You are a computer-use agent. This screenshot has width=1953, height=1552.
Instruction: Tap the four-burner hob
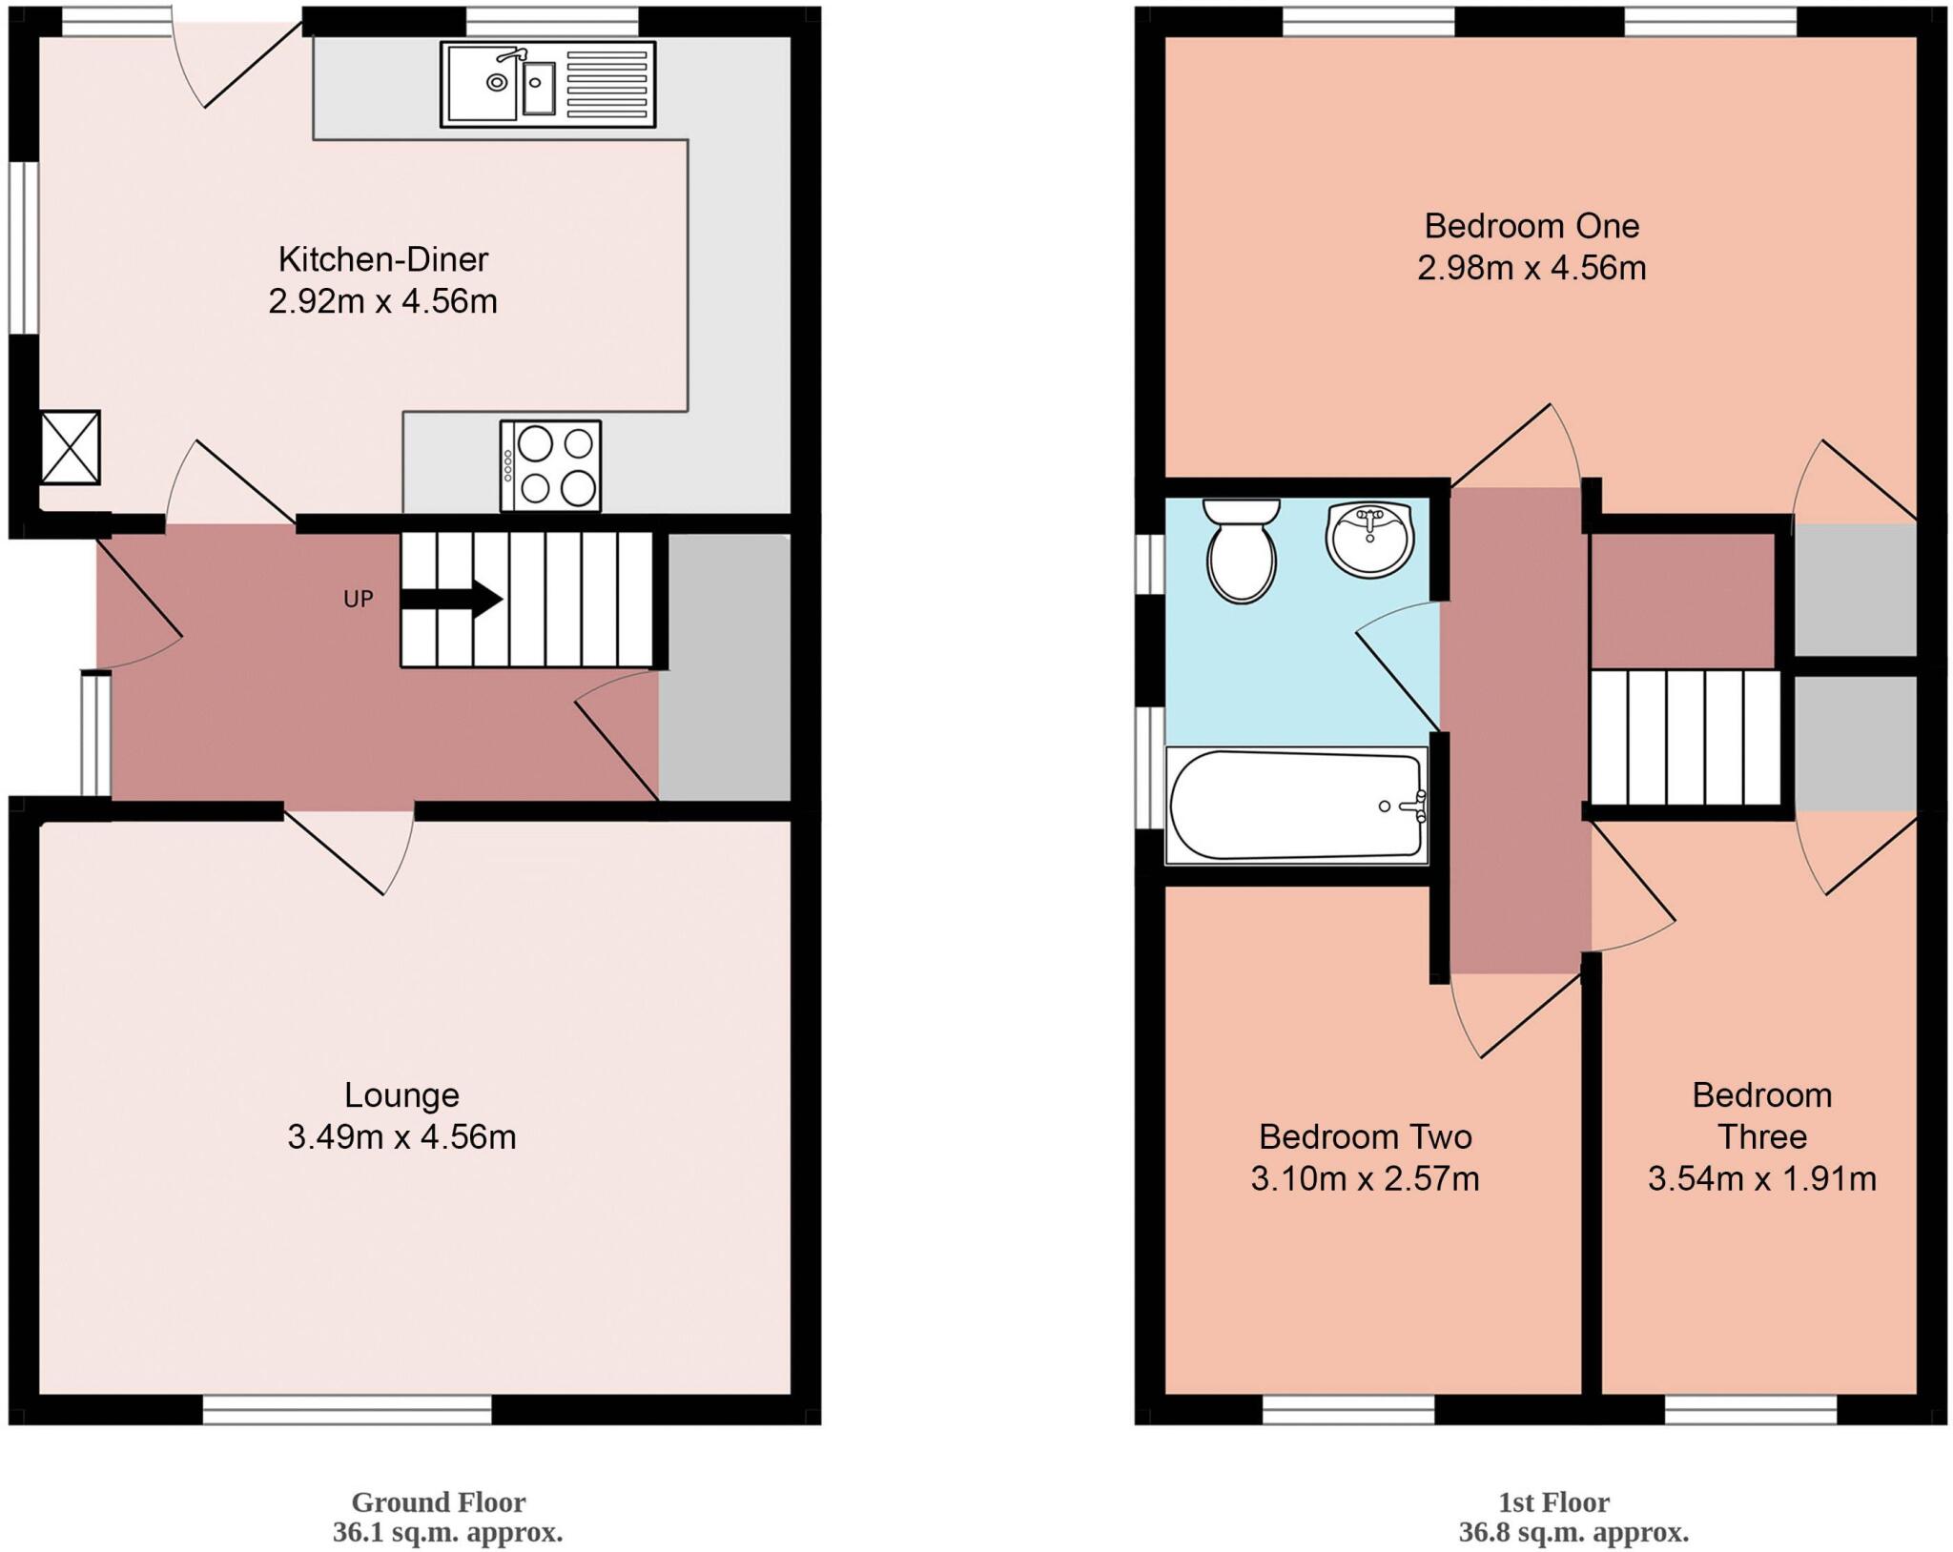pos(550,466)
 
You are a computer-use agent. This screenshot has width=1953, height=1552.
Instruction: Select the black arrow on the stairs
pos(451,600)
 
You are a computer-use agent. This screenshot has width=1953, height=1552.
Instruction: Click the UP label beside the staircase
pos(358,600)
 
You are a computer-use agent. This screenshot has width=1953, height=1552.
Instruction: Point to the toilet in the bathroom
pos(1241,553)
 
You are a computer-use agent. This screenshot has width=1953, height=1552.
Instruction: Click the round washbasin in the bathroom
pos(1369,540)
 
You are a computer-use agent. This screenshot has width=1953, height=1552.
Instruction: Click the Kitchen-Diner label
pos(383,259)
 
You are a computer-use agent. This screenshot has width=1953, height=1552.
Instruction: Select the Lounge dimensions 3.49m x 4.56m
pos(401,1137)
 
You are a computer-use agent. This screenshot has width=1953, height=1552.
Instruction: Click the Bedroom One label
pos(1532,226)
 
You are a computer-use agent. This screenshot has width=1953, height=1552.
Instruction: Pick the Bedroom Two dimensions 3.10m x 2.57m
pos(1365,1179)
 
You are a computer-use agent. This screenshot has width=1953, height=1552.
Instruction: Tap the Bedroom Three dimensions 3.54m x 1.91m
pos(1761,1179)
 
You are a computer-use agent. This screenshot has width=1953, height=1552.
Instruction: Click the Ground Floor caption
pos(439,1502)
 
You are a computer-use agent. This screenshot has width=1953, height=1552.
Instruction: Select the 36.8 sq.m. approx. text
pos(1573,1533)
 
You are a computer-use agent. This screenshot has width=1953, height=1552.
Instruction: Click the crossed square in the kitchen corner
pos(71,447)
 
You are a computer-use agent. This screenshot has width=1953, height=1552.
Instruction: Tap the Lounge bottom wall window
pos(347,1410)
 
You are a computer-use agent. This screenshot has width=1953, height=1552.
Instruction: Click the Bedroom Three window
pos(1751,1410)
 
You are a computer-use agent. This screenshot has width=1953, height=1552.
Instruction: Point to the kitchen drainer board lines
pos(606,84)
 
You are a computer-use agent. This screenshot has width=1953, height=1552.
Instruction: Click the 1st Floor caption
pos(1553,1502)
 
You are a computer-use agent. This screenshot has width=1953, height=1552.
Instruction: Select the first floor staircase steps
pos(1685,738)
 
